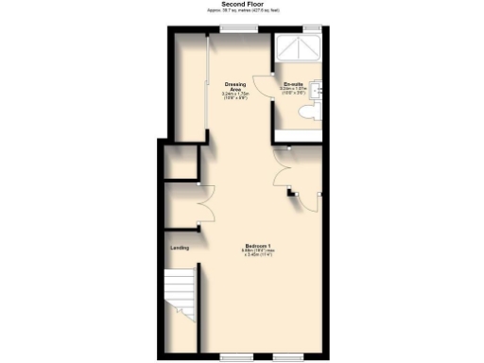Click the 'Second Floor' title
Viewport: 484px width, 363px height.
pos(241,4)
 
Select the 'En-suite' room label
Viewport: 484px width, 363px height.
pos(293,84)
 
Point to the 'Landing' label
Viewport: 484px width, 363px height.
pos(179,248)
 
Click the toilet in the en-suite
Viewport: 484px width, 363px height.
pos(303,112)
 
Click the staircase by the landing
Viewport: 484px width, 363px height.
pos(180,293)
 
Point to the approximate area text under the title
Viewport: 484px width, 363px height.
pos(241,10)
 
